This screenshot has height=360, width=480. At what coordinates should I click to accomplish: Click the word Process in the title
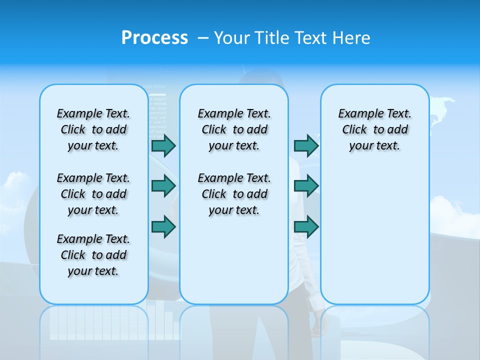[154, 38]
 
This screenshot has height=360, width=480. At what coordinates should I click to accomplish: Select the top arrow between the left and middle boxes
[163, 145]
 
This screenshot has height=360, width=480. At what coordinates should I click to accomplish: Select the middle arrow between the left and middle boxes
[163, 186]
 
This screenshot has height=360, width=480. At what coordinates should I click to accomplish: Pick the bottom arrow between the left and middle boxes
[163, 226]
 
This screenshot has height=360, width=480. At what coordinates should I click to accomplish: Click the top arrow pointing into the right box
[306, 145]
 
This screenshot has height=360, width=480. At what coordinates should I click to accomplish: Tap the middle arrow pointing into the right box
[306, 186]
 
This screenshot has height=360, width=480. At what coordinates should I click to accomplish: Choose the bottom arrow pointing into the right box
[306, 226]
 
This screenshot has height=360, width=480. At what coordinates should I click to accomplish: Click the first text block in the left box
[93, 129]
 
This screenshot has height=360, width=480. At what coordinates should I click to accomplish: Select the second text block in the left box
[93, 194]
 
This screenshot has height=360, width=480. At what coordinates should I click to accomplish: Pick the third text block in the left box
[93, 255]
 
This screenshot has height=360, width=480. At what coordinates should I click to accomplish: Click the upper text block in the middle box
[234, 129]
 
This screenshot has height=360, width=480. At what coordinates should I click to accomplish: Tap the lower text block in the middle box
[234, 194]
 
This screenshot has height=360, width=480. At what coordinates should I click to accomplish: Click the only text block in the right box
[374, 129]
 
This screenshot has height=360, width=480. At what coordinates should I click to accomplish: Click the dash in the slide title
[203, 38]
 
